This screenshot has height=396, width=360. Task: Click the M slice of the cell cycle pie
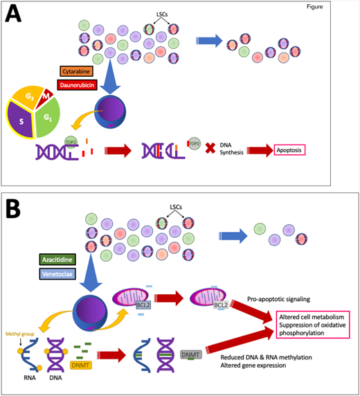tap(47, 98)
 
